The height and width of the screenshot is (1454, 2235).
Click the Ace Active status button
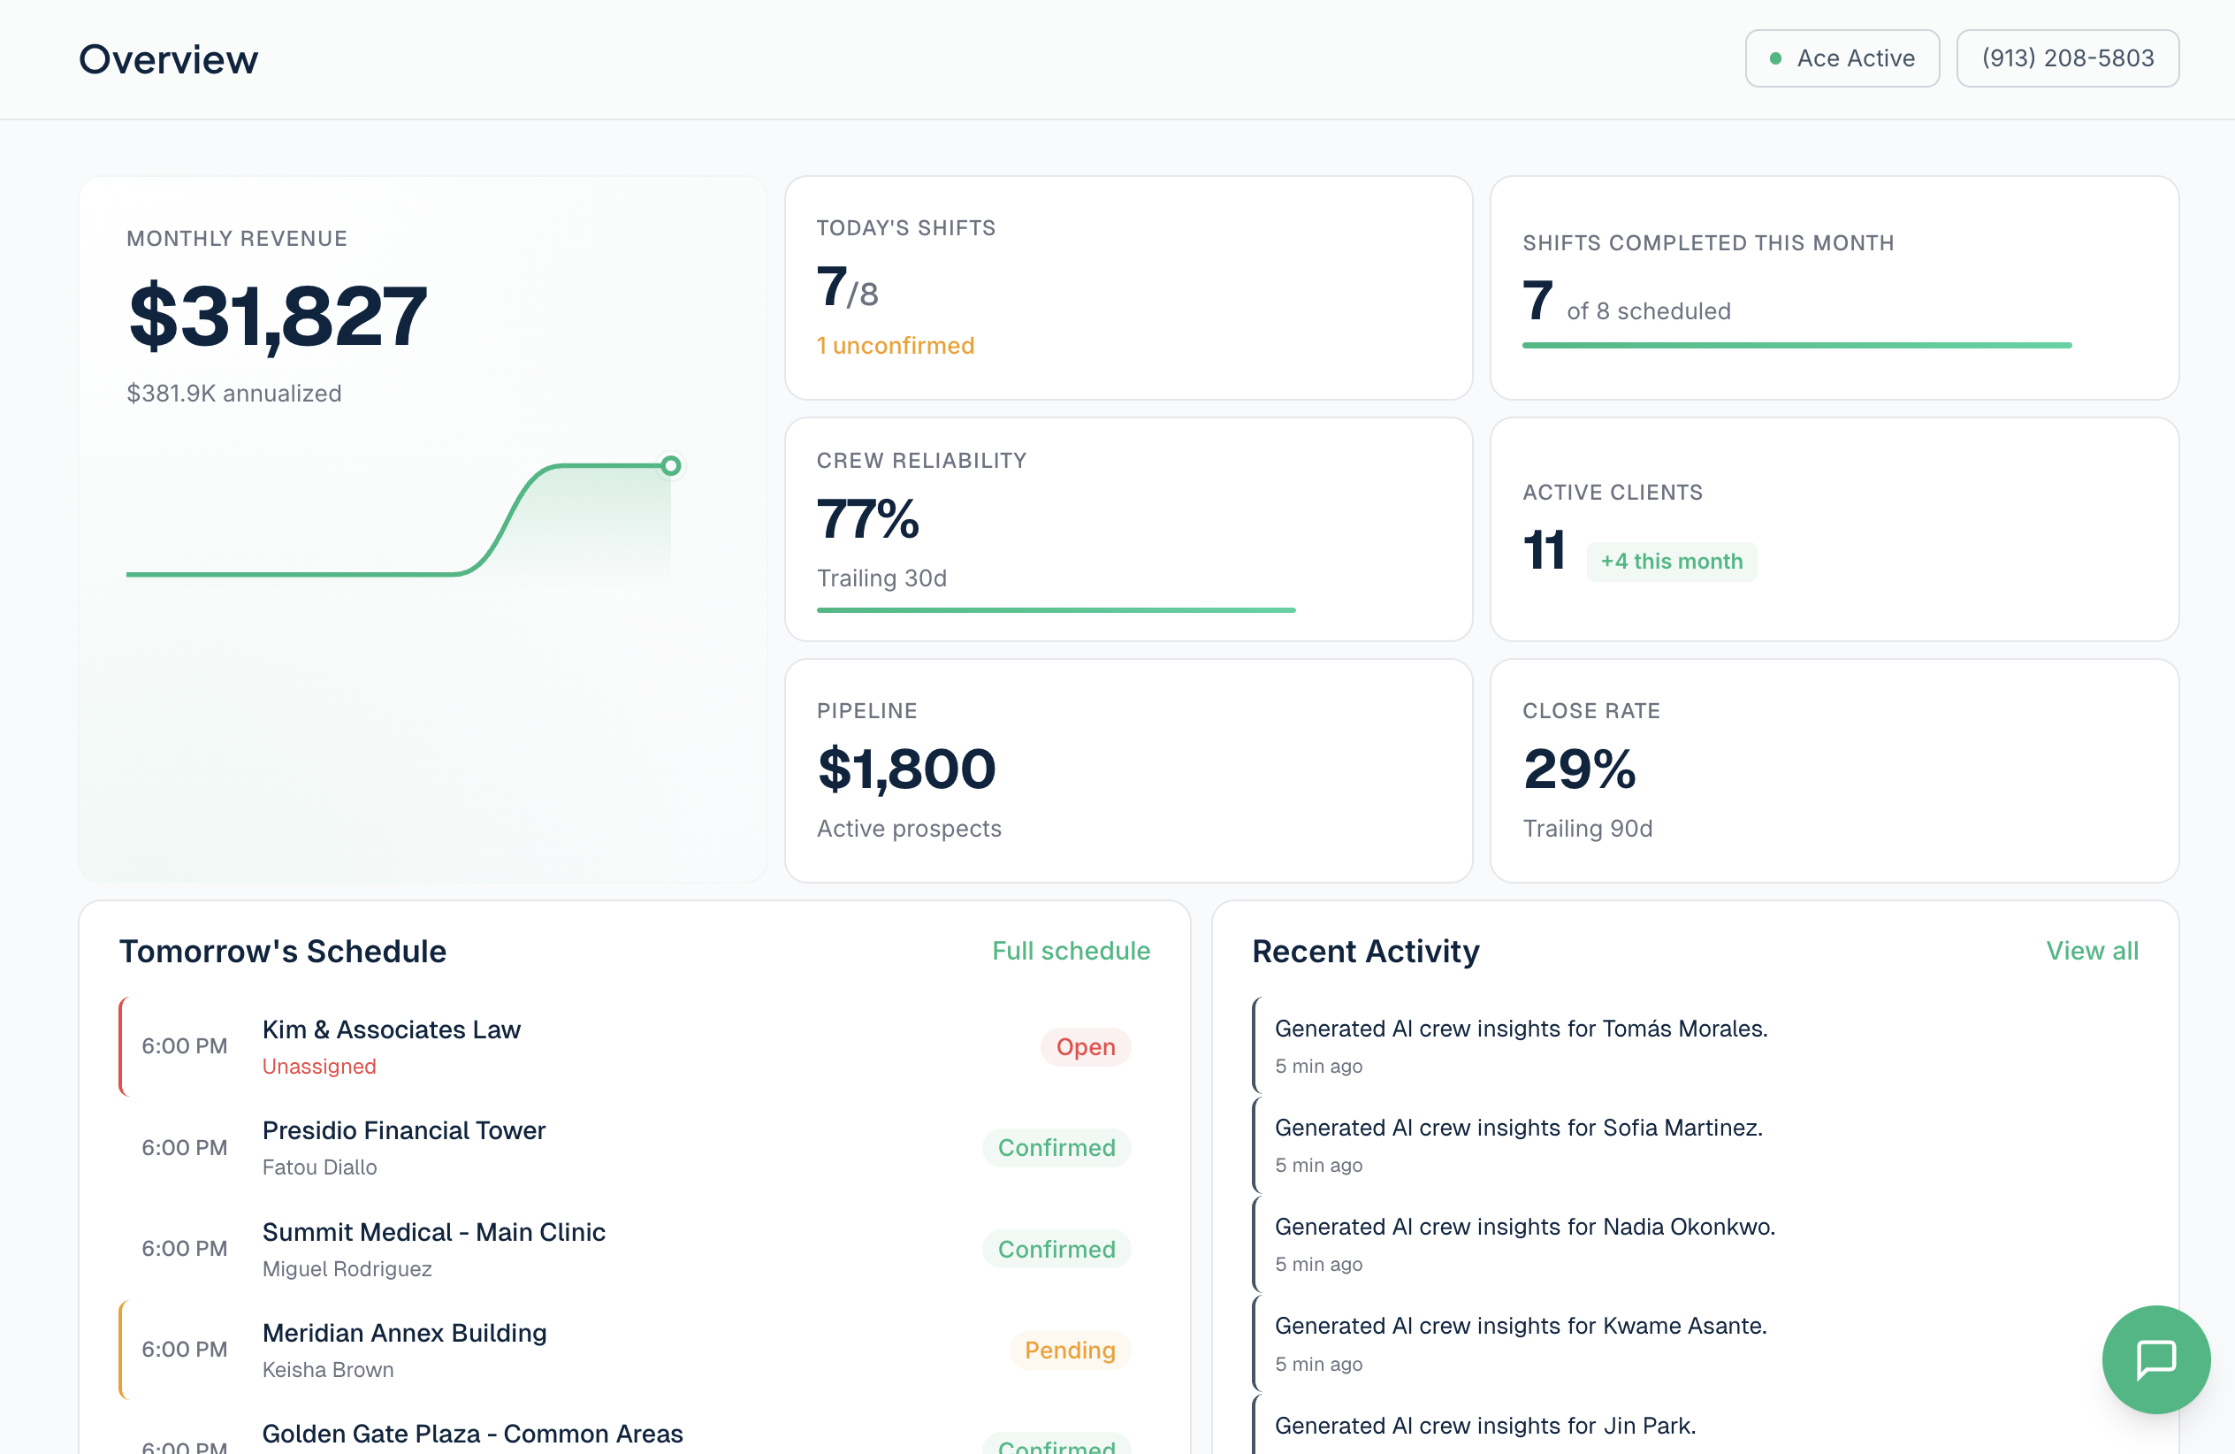(x=1842, y=58)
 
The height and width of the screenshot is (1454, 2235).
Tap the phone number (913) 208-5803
(x=2067, y=58)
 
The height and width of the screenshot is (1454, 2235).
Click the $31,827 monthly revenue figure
(x=278, y=317)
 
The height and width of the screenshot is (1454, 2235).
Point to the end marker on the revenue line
(x=670, y=465)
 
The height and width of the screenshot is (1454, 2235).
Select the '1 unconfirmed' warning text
(x=895, y=346)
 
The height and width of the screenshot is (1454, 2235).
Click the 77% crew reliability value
(x=867, y=518)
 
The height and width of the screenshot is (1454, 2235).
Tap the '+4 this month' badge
(x=1672, y=562)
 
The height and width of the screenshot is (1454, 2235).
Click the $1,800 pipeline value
(x=906, y=769)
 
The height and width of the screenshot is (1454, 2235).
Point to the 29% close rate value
(x=1579, y=769)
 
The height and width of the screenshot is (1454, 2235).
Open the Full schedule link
(x=1071, y=951)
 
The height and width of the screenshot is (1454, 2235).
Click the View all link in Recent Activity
(x=2093, y=951)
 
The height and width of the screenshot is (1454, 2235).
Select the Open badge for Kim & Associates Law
(x=1086, y=1046)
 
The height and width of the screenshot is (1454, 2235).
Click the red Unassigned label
(x=319, y=1066)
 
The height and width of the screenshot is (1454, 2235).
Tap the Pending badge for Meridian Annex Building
(x=1070, y=1350)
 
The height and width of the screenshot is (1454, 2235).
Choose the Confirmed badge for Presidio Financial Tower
(x=1056, y=1148)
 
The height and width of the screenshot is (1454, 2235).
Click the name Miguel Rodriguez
(x=347, y=1269)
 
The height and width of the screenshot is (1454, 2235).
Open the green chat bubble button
(x=2156, y=1359)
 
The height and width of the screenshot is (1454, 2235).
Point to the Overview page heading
(x=168, y=59)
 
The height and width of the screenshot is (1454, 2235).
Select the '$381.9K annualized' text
(x=233, y=394)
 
